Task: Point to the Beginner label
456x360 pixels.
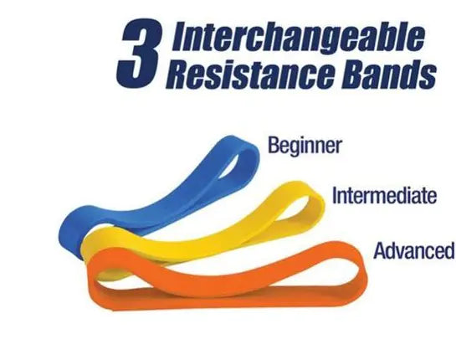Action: coord(305,146)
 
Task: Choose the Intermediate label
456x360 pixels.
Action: coord(384,197)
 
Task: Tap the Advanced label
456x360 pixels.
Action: coord(413,250)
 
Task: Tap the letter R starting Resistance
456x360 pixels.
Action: coord(177,76)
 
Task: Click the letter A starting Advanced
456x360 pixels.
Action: coord(378,250)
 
